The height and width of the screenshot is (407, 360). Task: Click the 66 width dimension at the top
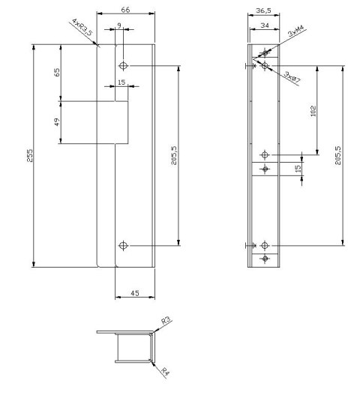tap(125, 10)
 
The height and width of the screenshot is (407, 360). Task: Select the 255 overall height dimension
tap(30, 155)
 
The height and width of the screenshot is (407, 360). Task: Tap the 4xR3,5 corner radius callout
tap(82, 27)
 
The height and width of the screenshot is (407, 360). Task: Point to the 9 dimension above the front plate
tap(119, 25)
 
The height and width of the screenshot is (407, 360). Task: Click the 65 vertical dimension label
tap(57, 72)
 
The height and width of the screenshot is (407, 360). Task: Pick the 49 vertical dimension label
tap(57, 121)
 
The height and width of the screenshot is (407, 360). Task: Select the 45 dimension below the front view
tap(135, 293)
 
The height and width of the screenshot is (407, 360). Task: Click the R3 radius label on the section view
tap(166, 321)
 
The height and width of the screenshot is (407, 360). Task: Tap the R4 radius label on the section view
tap(165, 372)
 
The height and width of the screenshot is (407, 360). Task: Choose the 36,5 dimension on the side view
tap(263, 10)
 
